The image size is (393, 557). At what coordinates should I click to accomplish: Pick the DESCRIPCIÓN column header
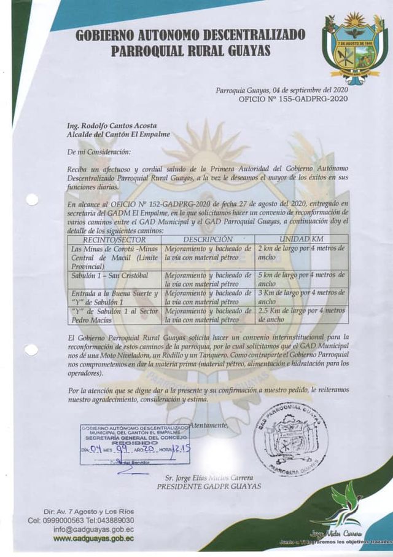pyautogui.click(x=208, y=239)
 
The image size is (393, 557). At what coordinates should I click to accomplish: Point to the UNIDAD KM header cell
pyautogui.click(x=302, y=239)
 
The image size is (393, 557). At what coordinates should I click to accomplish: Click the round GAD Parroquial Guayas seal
pyautogui.click(x=291, y=438)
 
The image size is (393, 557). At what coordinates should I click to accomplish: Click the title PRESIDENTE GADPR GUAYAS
pyautogui.click(x=209, y=486)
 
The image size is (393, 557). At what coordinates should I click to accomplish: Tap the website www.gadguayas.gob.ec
pyautogui.click(x=93, y=539)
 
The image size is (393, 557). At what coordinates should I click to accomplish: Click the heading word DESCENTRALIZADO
pyautogui.click(x=245, y=36)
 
